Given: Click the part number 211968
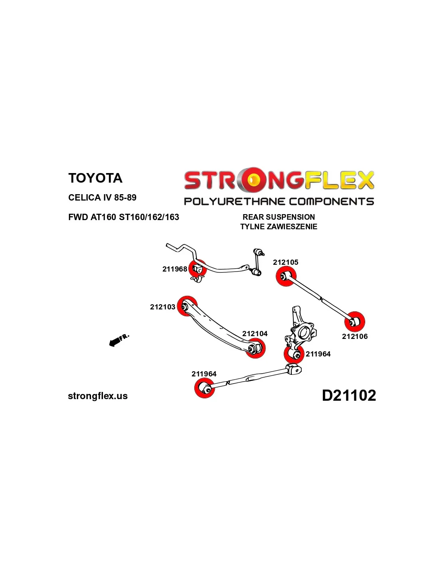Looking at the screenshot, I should (x=174, y=269).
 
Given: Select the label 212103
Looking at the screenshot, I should (x=162, y=307).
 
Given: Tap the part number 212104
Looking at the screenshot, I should (x=255, y=334).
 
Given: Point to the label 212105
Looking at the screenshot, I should (x=285, y=262).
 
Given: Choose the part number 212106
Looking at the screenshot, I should (x=355, y=337).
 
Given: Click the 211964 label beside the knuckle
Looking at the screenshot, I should (x=318, y=354).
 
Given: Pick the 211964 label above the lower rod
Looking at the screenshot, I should (x=204, y=374).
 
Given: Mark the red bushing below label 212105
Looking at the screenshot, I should (x=286, y=276).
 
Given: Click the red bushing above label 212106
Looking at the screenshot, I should (x=355, y=321).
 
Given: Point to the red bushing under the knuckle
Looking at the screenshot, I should (x=294, y=354).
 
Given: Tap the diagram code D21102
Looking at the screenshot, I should (x=349, y=396).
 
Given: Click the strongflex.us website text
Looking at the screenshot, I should (x=98, y=396).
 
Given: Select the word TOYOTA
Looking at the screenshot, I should (x=95, y=178).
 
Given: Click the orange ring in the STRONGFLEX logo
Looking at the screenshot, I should (x=252, y=180).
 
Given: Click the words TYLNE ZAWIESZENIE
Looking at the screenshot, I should (x=279, y=226).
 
